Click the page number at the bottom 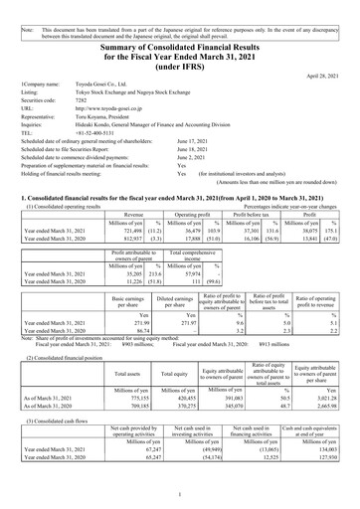tap(180, 494)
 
